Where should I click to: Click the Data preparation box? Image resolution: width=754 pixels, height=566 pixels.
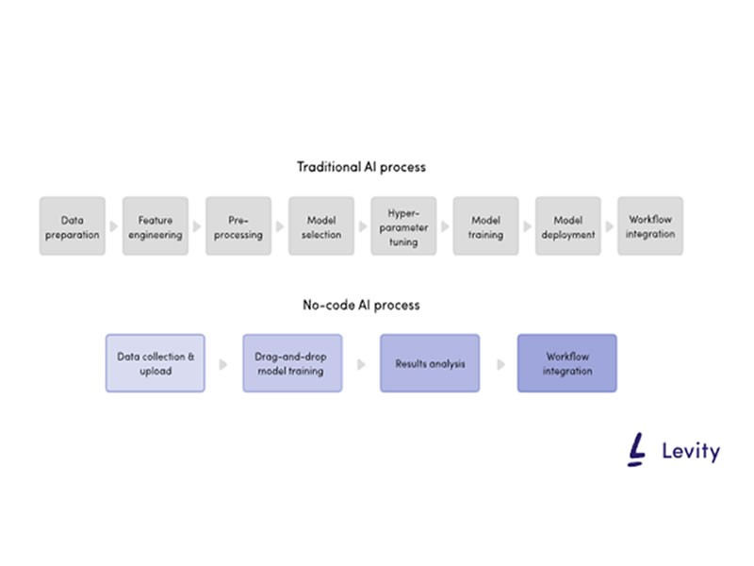pos(73,226)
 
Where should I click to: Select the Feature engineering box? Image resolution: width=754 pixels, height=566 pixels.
pos(155,226)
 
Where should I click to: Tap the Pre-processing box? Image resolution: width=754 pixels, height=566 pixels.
pos(238,226)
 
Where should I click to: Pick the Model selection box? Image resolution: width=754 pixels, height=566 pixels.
pos(320,226)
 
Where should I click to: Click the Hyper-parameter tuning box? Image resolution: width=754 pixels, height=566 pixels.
pos(403,226)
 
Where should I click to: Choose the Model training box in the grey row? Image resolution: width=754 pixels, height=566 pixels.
pos(485,226)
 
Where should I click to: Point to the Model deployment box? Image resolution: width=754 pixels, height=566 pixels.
pos(568,226)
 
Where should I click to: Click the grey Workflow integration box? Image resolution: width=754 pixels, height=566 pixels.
pos(650,226)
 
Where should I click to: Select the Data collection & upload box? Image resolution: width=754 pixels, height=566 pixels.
pos(156,363)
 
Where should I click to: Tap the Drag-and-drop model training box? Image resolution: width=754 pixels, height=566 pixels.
pos(292,363)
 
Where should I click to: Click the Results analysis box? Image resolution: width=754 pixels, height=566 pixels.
pos(430,363)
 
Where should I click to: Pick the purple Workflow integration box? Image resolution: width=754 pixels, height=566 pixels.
pos(567,363)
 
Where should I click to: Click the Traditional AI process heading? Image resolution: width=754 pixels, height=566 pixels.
pos(361,167)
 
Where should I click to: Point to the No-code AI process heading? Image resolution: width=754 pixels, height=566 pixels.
pos(361,305)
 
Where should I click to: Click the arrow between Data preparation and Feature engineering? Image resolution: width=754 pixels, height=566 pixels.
pos(114,226)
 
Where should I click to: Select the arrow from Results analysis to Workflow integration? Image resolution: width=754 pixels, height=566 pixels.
pos(500,363)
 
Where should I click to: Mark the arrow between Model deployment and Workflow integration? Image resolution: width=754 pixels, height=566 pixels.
pos(610,226)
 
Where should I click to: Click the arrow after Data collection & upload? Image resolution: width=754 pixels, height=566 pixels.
pos(223,363)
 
